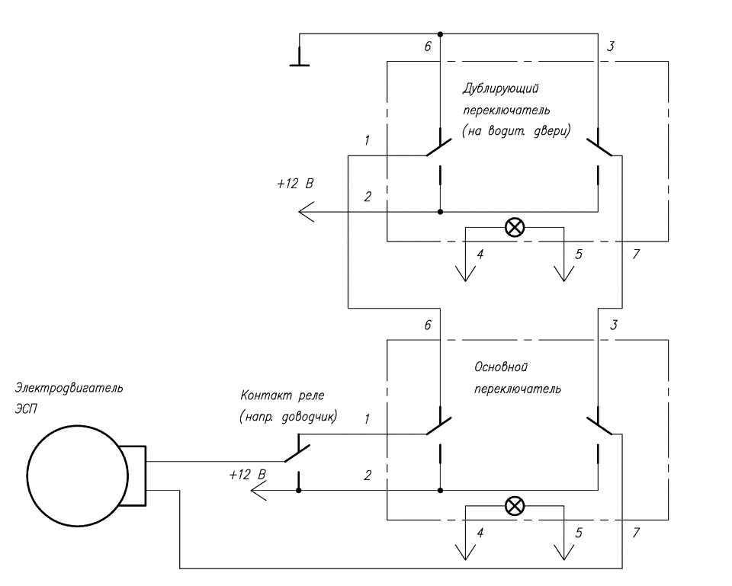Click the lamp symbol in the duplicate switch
point(515,228)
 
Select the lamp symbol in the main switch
point(515,506)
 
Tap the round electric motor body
point(78,476)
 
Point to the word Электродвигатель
point(69,388)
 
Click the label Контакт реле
point(282,395)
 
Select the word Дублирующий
point(501,88)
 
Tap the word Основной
point(501,367)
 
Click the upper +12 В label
point(296,184)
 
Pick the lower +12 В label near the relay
point(247,475)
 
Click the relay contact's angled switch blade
point(297,453)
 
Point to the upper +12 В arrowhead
point(307,212)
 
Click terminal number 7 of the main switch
point(636,533)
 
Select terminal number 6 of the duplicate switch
point(428,46)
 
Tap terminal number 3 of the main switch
point(614,325)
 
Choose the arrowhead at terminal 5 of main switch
point(564,552)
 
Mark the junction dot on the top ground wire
point(440,34)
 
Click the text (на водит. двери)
point(516,132)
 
